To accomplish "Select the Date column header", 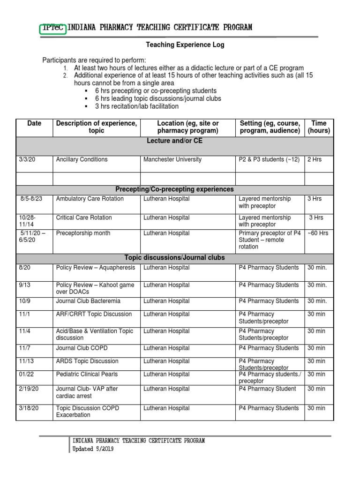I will [x=34, y=123].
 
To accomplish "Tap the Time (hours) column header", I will [x=319, y=127].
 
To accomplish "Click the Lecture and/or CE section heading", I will [x=174, y=141].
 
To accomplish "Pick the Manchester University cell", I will [x=172, y=159].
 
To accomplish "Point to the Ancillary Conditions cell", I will [x=82, y=159].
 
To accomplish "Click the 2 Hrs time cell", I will [x=315, y=159].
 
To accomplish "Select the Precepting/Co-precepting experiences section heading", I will [x=174, y=189].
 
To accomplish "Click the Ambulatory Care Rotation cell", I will [x=90, y=199].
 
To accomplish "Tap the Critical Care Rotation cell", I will [x=84, y=217].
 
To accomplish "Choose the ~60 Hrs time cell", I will [x=317, y=233].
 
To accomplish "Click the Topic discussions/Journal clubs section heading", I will [x=174, y=258].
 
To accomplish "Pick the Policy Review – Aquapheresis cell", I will [x=96, y=268].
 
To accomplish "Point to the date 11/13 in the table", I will [x=26, y=361].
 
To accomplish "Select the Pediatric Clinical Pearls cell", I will [x=87, y=374].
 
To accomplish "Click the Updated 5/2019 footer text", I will [x=93, y=449].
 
